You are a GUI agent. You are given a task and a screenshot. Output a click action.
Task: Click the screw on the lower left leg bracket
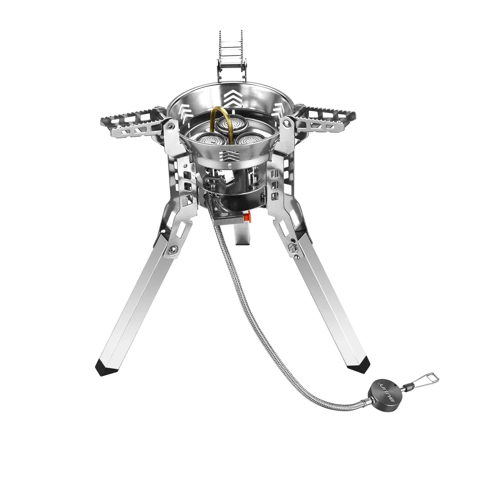[x=174, y=250]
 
